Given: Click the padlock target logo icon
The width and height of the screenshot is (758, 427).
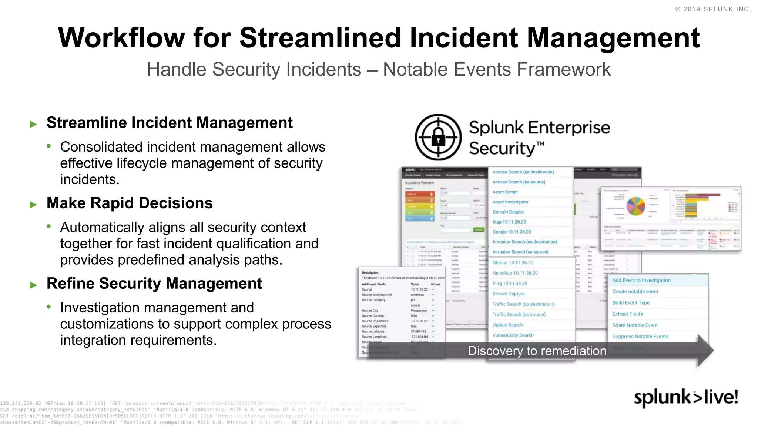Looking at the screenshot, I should tap(438, 137).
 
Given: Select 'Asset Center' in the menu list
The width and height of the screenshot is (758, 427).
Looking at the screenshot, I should tap(505, 192).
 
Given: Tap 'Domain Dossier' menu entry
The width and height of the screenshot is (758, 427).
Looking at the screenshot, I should tap(508, 212).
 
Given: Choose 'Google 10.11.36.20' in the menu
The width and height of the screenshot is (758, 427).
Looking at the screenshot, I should tap(512, 232).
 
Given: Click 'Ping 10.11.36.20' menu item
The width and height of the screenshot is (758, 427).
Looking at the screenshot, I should tap(510, 284).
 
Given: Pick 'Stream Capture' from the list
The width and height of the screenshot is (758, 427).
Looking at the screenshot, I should tap(508, 294).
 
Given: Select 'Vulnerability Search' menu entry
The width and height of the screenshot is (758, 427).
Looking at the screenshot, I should tap(513, 335).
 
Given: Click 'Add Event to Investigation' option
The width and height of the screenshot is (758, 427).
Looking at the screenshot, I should tap(641, 280).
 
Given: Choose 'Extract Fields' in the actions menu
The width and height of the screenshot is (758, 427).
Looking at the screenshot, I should tap(627, 314).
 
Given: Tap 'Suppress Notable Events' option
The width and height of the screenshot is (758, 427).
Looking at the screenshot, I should tap(640, 337).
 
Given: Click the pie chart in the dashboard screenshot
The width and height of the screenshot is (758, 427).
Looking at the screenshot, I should tap(635, 206).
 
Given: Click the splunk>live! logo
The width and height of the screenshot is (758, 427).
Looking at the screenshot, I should tap(685, 397).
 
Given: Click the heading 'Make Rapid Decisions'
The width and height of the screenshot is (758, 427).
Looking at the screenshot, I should tap(130, 203).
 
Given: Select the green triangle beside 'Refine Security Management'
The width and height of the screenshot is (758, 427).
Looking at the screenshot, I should tap(33, 285).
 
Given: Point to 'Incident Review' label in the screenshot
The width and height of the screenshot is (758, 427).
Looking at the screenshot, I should tap(419, 183).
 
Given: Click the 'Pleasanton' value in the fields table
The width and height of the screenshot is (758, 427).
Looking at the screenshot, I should tap(419, 311).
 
